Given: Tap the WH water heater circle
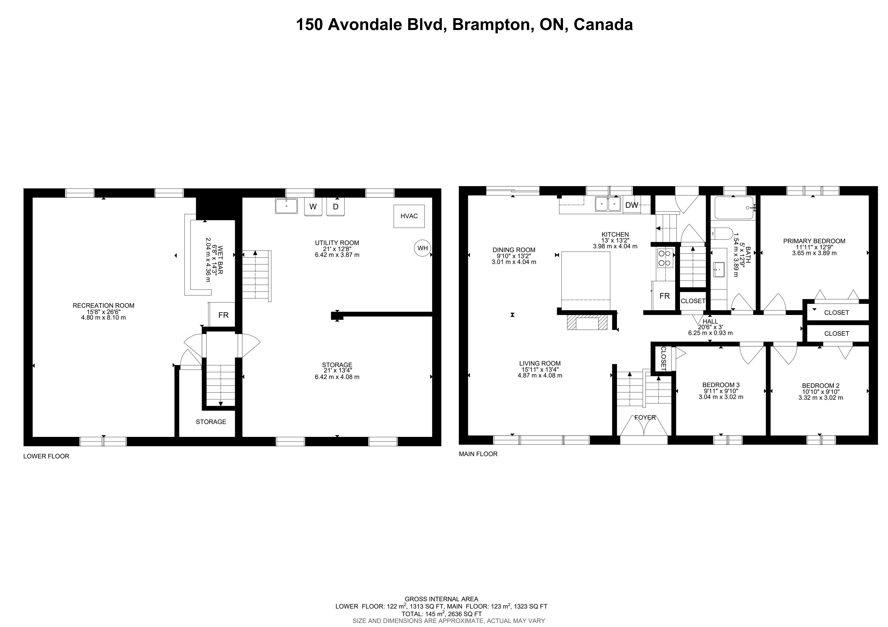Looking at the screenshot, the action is click(422, 248).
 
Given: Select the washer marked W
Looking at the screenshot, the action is click(313, 206).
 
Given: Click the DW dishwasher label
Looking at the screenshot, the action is click(632, 205).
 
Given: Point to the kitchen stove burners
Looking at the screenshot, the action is click(665, 258).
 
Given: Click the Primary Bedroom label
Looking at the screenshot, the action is click(814, 241).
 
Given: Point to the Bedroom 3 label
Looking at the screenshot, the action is click(721, 385).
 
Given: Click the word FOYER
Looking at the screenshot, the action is click(645, 418).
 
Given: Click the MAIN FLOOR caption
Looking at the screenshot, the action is click(478, 454).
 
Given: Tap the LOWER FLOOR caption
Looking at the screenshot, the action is click(46, 456).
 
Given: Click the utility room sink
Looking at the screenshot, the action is click(286, 206).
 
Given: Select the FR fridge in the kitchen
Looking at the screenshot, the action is click(665, 296).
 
